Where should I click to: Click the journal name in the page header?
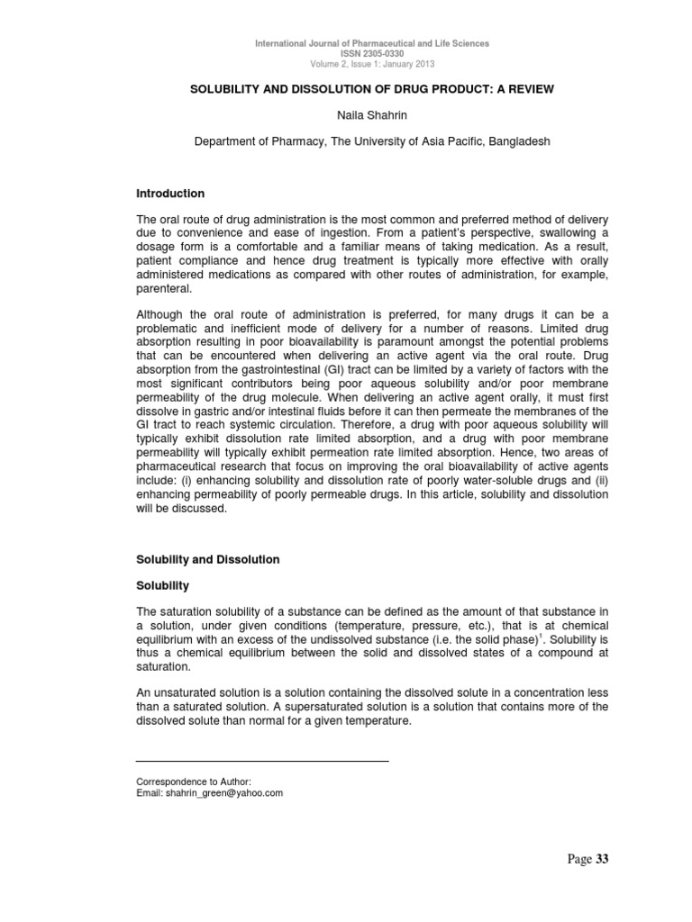click(372, 44)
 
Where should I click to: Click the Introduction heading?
click(170, 194)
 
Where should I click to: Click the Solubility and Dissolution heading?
click(207, 559)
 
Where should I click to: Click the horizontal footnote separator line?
click(261, 762)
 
